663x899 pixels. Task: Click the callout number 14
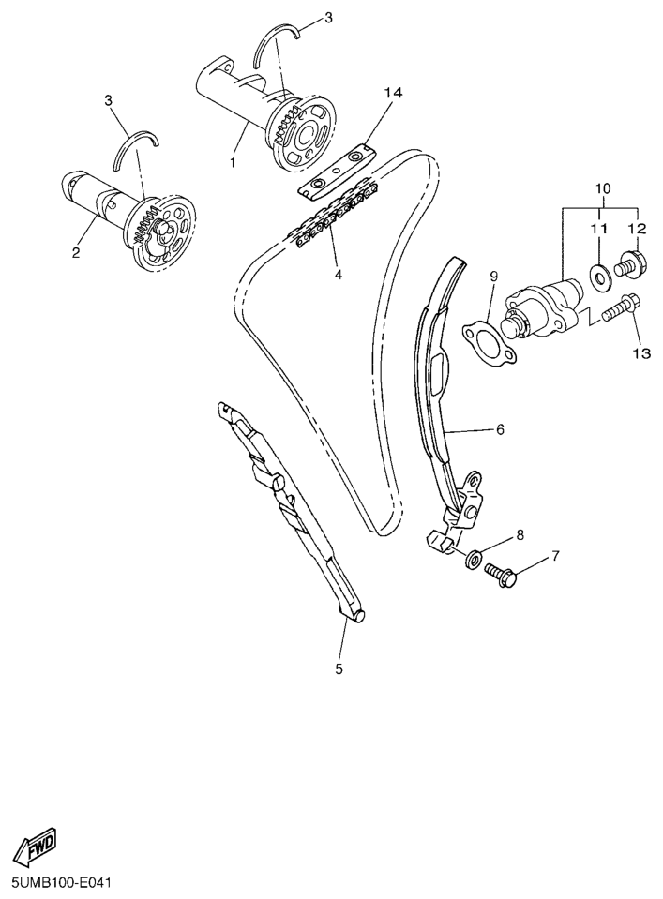coord(394,93)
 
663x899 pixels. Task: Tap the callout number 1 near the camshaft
coord(233,163)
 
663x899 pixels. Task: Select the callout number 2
coord(76,252)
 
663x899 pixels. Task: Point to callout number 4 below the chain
coord(339,276)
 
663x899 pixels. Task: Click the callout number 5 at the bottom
coord(339,668)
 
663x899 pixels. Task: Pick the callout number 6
coord(500,428)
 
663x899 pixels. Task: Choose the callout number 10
coord(603,187)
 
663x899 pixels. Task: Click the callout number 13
coord(642,353)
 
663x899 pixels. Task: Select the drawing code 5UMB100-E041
coord(57,882)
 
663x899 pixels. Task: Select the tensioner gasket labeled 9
coord(490,345)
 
